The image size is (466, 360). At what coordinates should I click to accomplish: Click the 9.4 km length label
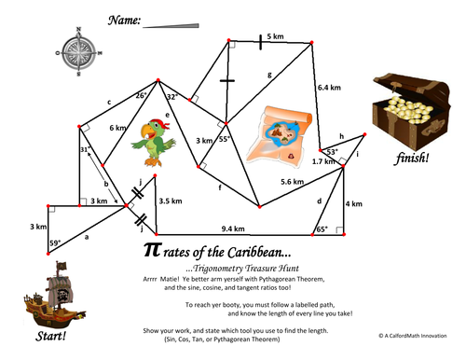pyautogui.click(x=233, y=228)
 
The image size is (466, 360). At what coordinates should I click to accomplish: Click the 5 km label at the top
pyautogui.click(x=275, y=35)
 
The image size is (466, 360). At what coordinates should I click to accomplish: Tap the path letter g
pyautogui.click(x=269, y=74)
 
